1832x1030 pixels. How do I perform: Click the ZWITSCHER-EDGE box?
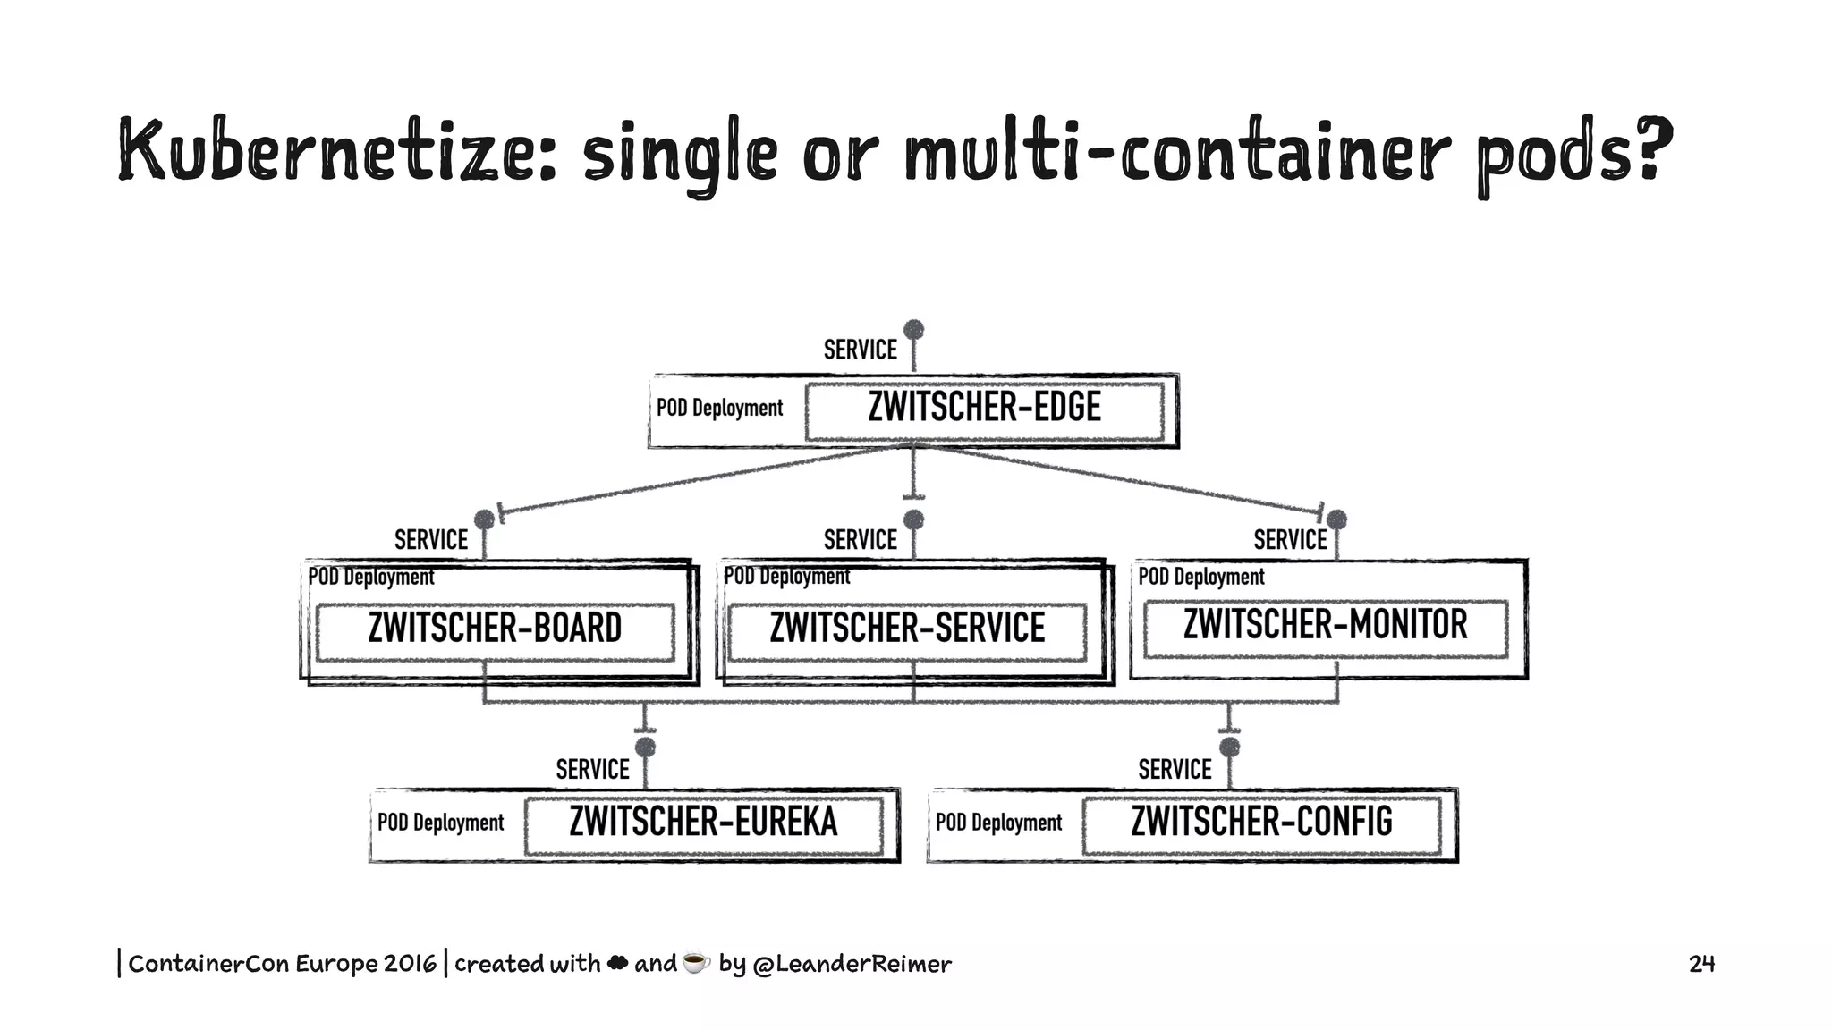click(x=984, y=409)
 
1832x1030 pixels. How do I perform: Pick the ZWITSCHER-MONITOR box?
click(x=1326, y=625)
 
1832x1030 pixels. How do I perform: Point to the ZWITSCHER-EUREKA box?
click(x=704, y=823)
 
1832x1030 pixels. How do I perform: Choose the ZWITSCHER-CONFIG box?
click(x=1261, y=823)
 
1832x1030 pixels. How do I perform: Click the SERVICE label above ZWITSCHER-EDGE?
click(x=860, y=350)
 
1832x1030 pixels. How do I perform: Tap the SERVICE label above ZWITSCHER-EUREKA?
click(x=592, y=770)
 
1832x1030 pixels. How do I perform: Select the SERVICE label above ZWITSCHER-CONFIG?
click(x=1175, y=770)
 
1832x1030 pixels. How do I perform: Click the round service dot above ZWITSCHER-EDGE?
click(x=913, y=330)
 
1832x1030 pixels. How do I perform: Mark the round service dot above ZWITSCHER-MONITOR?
click(x=1336, y=519)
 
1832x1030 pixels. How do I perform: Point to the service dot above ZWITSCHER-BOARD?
click(x=484, y=519)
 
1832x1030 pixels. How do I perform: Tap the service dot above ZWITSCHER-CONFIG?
click(x=1230, y=747)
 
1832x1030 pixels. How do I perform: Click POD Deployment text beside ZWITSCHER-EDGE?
click(x=719, y=409)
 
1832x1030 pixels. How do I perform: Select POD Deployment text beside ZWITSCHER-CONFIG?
click(x=998, y=823)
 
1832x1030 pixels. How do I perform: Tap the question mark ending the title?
click(x=1652, y=148)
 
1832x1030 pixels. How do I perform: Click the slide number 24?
click(x=1701, y=964)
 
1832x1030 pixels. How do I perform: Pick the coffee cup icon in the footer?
click(x=696, y=963)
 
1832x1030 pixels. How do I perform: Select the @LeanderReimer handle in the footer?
click(x=852, y=964)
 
